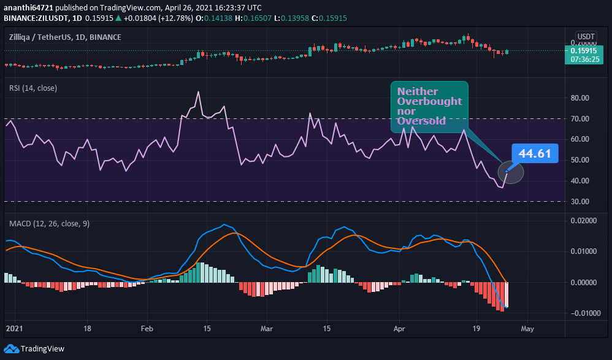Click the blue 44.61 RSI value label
coord(535,153)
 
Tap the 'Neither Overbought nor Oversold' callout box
coord(429,107)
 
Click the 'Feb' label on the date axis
coord(147,328)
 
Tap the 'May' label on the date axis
coord(527,328)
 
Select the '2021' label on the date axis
coord(13,328)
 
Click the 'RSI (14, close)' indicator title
coord(33,88)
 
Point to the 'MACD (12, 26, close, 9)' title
coord(49,224)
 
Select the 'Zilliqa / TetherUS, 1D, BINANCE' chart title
coord(65,37)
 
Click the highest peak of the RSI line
coord(198,92)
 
